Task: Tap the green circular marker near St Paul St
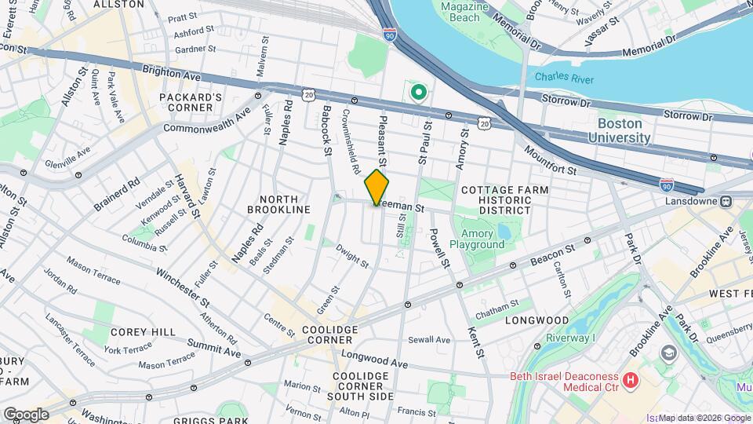point(419,93)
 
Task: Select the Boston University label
point(624,131)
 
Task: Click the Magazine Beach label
point(459,12)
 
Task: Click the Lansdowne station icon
point(726,201)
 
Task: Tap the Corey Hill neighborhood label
point(143,332)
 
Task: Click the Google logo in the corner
point(26,414)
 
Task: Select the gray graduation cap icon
point(668,351)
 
